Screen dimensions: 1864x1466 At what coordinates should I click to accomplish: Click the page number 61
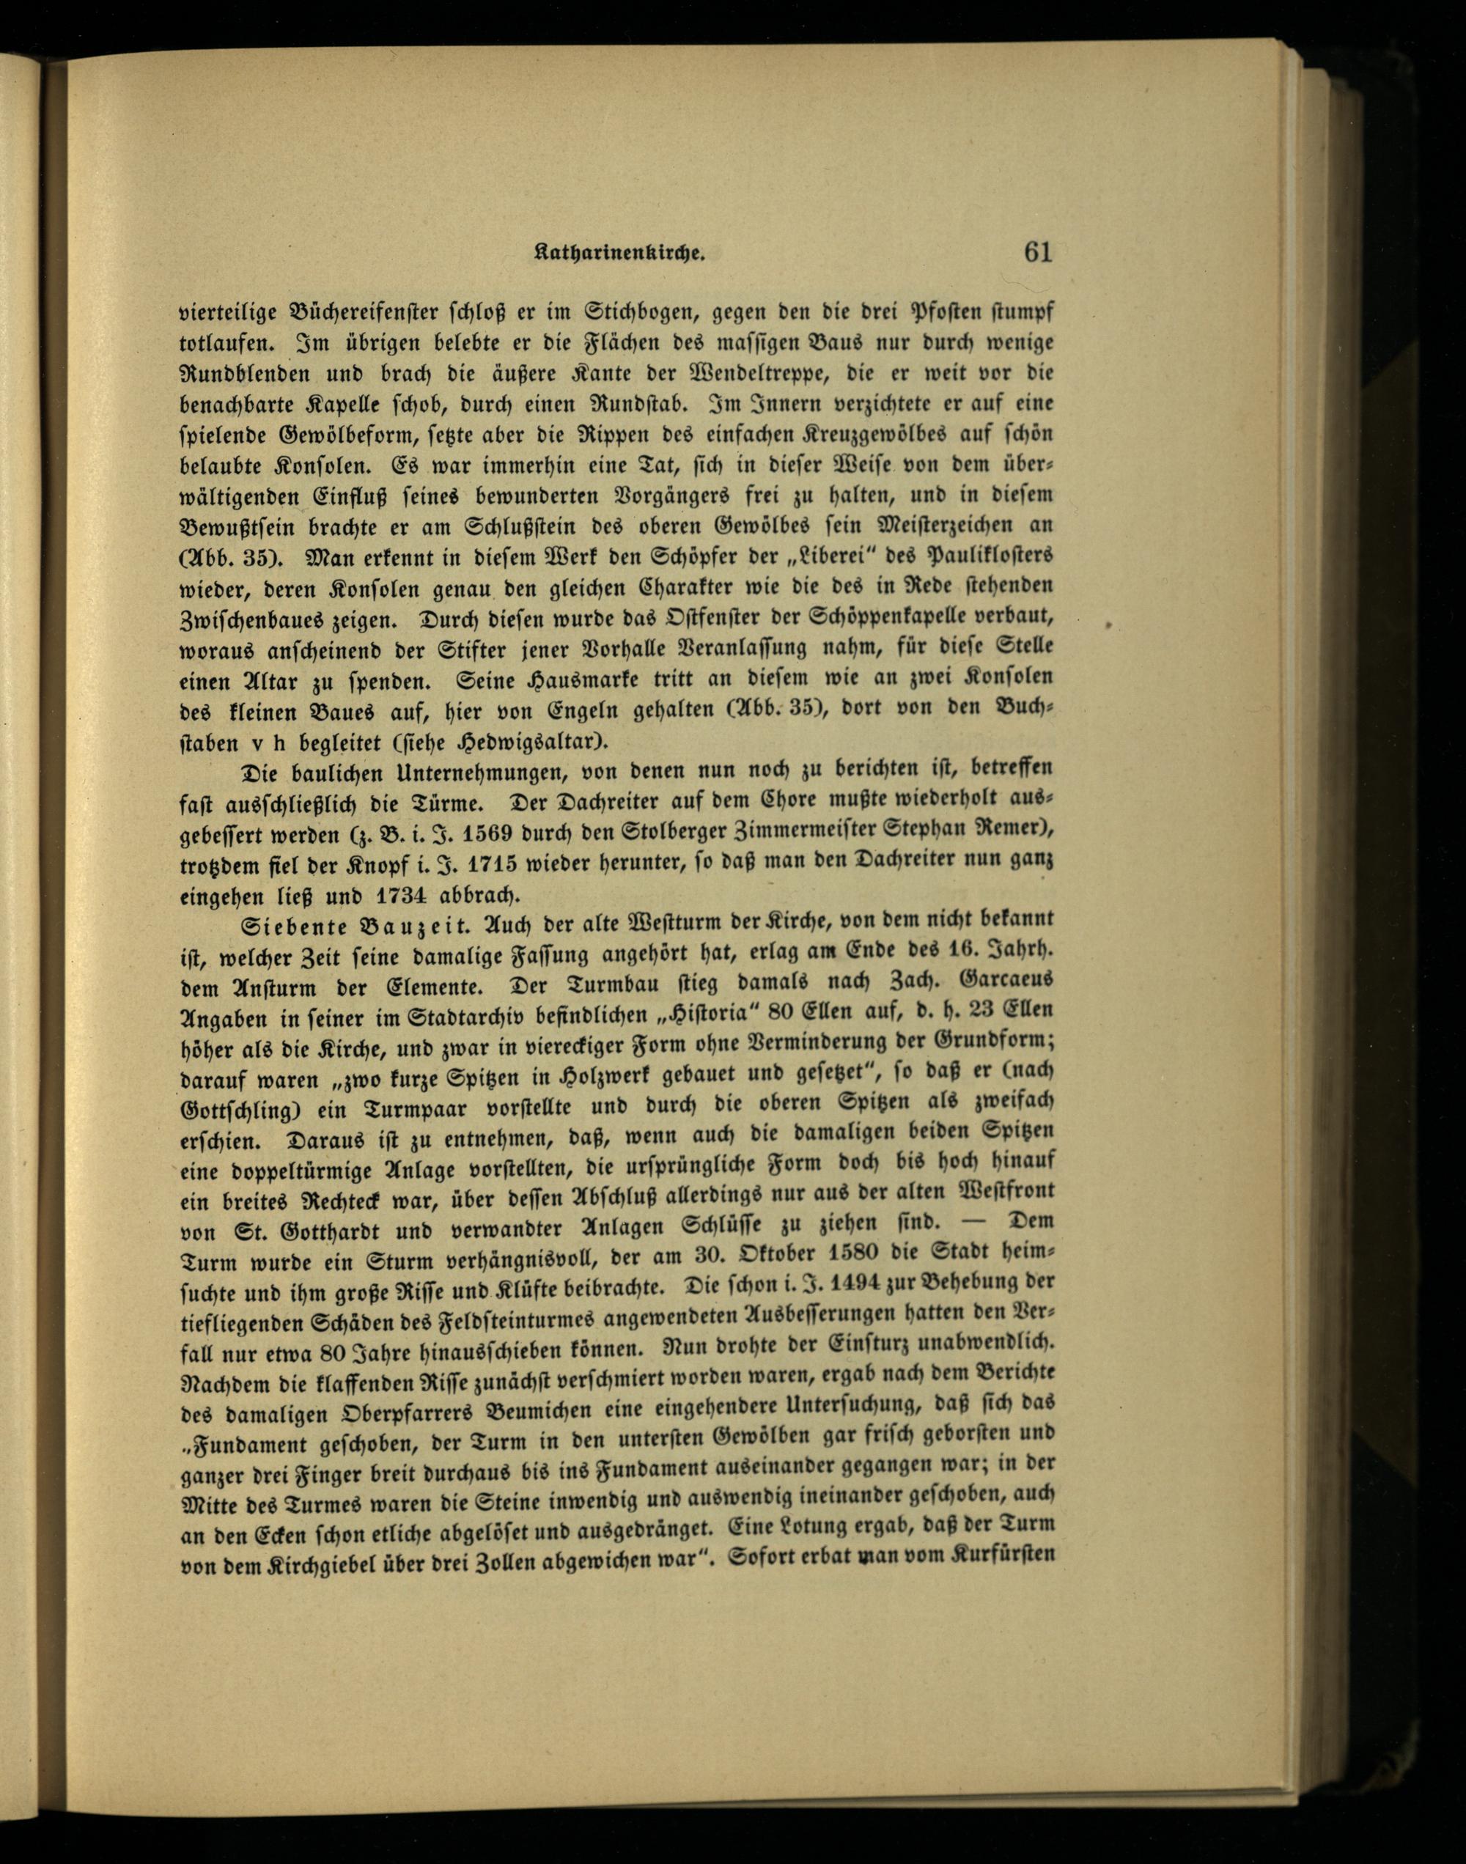1037,252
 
